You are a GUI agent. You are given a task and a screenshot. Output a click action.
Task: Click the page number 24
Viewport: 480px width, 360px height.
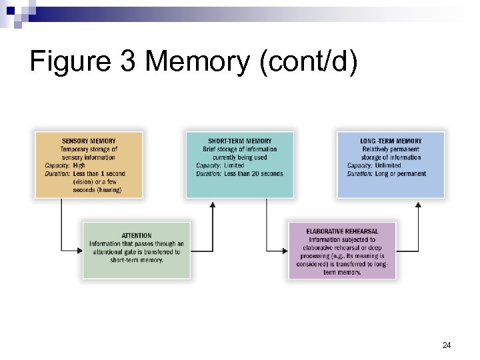[x=447, y=345]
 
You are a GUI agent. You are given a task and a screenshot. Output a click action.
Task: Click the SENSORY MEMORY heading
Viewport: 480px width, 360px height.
[x=89, y=141]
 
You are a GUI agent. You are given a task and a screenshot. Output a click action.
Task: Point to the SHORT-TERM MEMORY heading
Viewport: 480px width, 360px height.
[x=240, y=141]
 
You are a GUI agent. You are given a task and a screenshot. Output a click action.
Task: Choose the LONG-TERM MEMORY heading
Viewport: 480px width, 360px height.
[x=391, y=141]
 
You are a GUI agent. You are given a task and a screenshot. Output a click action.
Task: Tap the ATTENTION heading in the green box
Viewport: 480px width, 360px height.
[x=137, y=235]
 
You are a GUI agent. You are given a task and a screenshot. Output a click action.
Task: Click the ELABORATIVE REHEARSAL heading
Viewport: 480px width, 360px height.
[x=342, y=231]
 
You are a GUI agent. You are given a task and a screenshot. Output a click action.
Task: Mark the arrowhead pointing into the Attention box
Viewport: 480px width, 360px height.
[x=79, y=251]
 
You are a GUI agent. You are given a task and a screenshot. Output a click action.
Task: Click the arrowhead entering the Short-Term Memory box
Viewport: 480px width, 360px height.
[x=213, y=205]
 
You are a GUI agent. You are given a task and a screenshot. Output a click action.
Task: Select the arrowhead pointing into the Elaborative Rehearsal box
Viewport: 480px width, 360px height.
[x=285, y=251]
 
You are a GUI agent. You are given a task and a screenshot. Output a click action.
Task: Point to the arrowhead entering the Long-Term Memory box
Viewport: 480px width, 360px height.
[x=418, y=205]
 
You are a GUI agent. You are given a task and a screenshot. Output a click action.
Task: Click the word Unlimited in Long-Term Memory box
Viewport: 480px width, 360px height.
[x=388, y=165]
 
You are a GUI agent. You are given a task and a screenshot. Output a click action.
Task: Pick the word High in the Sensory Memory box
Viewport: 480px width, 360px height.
[x=79, y=165]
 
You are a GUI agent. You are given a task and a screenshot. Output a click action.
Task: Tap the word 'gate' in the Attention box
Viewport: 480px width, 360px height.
[x=123, y=252]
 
